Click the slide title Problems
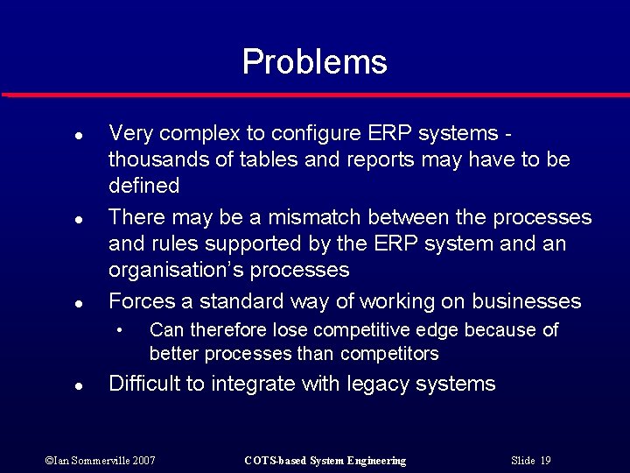click(x=314, y=61)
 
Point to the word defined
click(x=143, y=186)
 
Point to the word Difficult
click(x=145, y=384)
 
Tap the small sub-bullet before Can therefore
click(x=122, y=331)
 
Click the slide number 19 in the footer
click(x=545, y=461)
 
